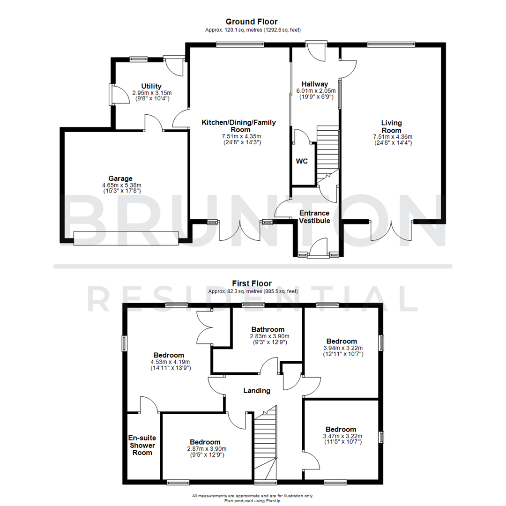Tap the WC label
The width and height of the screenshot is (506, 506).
tap(302, 161)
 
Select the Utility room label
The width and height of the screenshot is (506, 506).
tap(151, 86)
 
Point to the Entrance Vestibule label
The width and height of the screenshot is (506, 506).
tap(315, 217)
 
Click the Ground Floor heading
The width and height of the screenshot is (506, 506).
tap(252, 22)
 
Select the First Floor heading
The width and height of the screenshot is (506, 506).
tap(252, 283)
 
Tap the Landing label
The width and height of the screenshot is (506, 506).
tap(257, 390)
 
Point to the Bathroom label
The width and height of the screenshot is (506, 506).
tap(268, 329)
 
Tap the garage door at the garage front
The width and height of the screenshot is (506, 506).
tap(126, 238)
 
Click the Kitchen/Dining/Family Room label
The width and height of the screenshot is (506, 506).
tap(238, 126)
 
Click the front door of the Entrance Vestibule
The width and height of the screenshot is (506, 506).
tap(319, 248)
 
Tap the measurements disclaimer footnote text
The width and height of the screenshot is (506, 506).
tap(253, 496)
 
